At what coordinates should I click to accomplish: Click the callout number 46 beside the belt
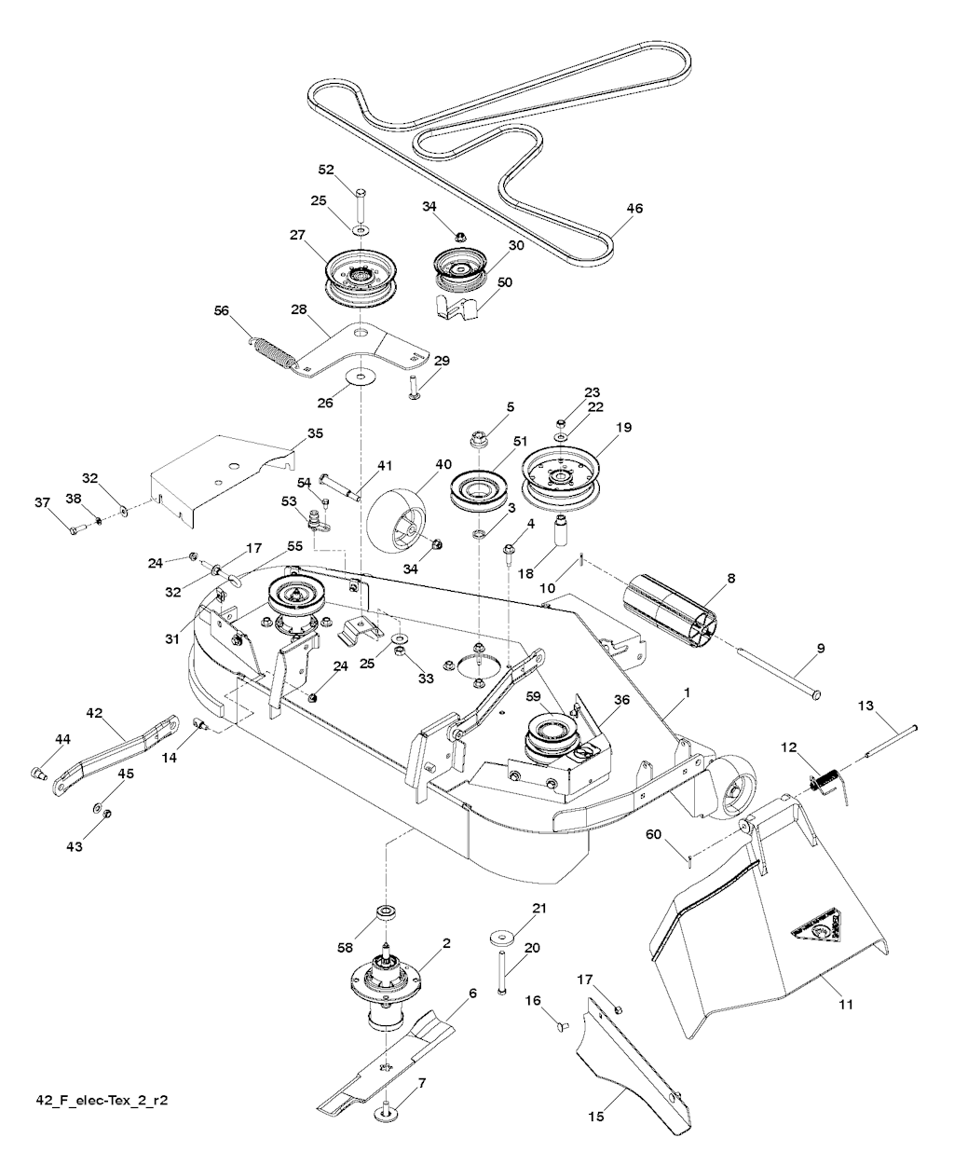[x=634, y=208]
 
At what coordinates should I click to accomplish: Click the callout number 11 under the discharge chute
[x=846, y=1005]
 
